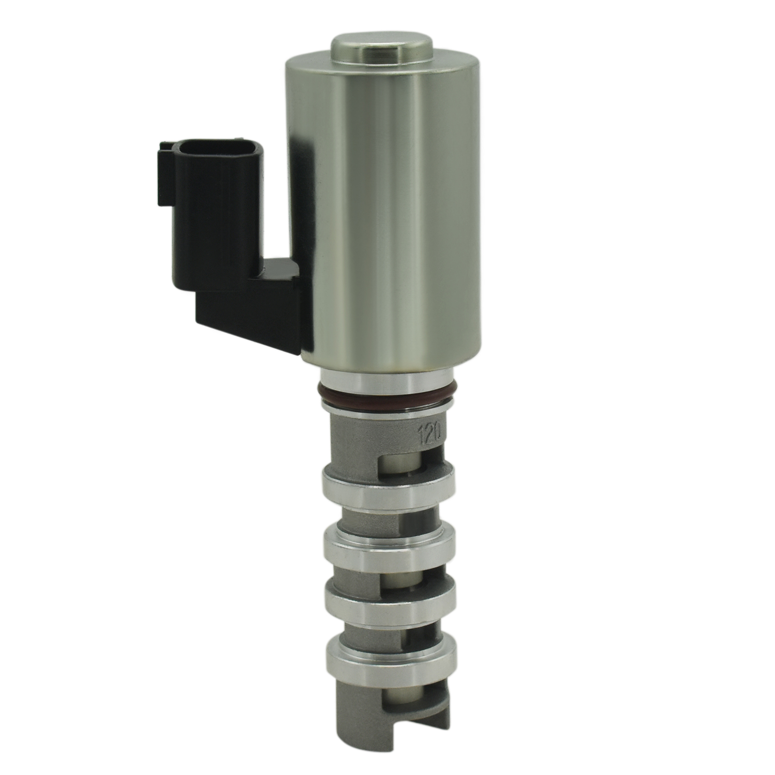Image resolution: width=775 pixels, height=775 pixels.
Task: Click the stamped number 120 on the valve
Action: click(x=428, y=430)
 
